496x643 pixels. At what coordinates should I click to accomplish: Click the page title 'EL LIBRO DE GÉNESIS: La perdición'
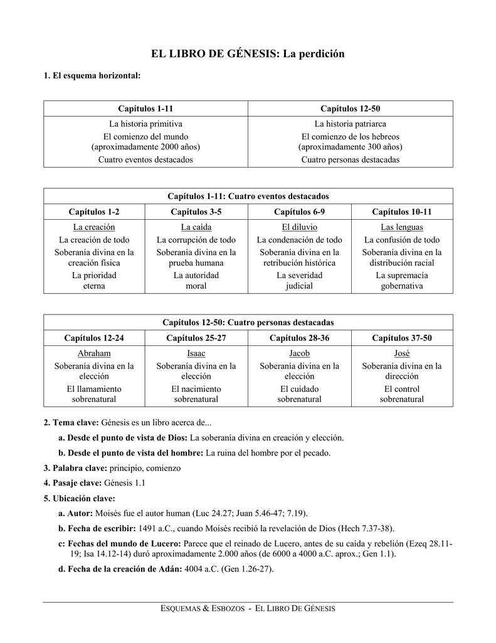pyautogui.click(x=248, y=54)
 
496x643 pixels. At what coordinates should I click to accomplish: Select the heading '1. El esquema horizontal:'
pyautogui.click(x=92, y=76)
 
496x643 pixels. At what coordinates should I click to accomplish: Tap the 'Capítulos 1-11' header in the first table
pyautogui.click(x=145, y=109)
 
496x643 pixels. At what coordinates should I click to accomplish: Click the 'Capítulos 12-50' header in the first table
pyautogui.click(x=350, y=109)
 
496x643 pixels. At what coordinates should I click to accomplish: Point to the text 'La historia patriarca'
pyautogui.click(x=350, y=124)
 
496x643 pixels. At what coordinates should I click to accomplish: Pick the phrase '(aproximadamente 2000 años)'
pyautogui.click(x=145, y=147)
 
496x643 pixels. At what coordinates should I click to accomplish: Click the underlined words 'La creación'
pyautogui.click(x=94, y=227)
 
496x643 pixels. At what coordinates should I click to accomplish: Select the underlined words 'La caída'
pyautogui.click(x=196, y=227)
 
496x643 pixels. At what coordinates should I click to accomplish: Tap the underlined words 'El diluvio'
pyautogui.click(x=300, y=227)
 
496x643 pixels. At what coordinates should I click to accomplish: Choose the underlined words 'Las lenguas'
pyautogui.click(x=402, y=227)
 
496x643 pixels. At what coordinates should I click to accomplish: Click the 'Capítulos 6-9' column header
pyautogui.click(x=300, y=212)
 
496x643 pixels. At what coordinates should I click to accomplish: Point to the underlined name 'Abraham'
pyautogui.click(x=94, y=354)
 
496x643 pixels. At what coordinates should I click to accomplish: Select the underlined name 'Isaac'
pyautogui.click(x=196, y=354)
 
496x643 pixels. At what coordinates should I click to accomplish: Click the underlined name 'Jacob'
pyautogui.click(x=300, y=354)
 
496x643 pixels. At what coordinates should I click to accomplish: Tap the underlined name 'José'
pyautogui.click(x=402, y=354)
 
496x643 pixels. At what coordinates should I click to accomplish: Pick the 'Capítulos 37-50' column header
pyautogui.click(x=402, y=338)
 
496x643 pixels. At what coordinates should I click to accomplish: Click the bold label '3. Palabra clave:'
pyautogui.click(x=75, y=468)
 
